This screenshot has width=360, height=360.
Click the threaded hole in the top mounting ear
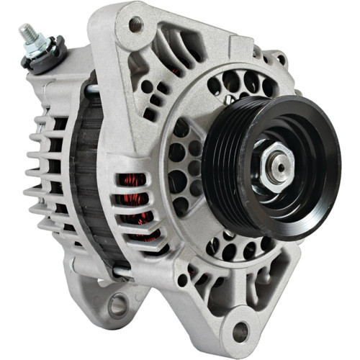click(134, 23)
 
